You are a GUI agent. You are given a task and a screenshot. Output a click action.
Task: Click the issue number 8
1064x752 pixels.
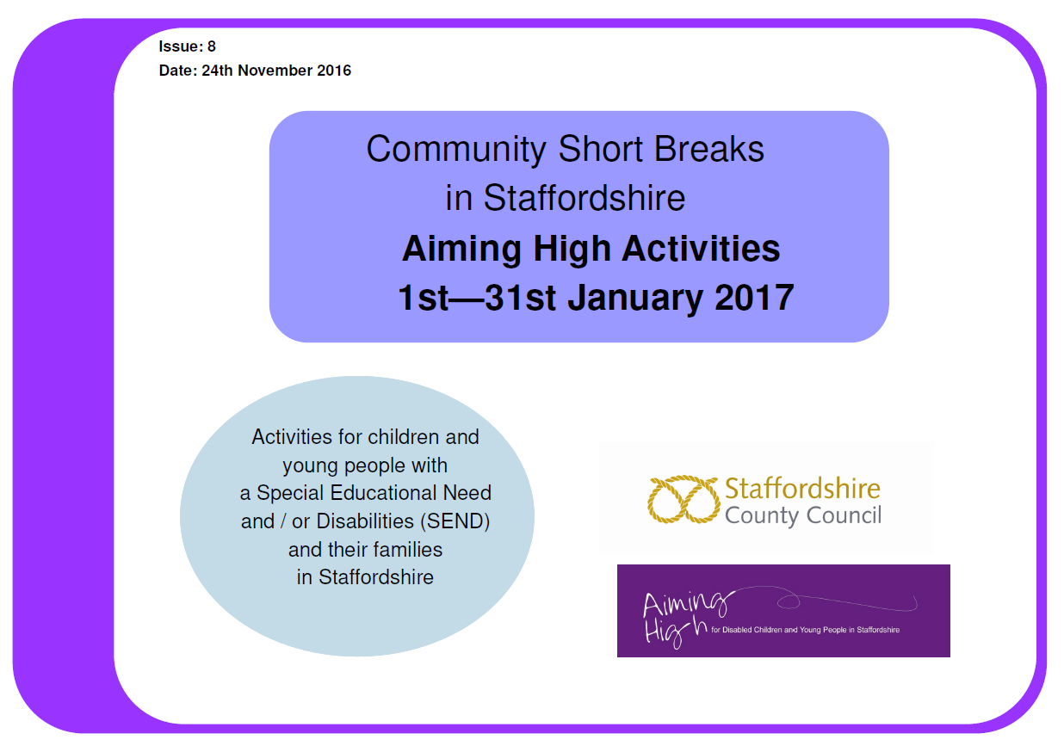(212, 47)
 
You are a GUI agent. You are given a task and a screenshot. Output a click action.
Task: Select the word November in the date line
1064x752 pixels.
(277, 71)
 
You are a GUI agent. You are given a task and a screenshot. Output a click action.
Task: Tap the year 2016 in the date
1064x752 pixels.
(334, 71)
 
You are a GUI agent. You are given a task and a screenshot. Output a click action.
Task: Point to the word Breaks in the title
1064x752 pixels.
(710, 150)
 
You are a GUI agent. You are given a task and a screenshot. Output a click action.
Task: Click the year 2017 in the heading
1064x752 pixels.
(754, 298)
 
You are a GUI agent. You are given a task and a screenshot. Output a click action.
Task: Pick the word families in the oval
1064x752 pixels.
(405, 549)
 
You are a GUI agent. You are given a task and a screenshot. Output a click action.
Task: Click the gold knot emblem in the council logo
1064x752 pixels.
(682, 500)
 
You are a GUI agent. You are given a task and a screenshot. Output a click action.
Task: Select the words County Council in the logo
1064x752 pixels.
(802, 516)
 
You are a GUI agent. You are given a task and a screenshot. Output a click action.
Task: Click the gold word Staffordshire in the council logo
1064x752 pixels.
(802, 489)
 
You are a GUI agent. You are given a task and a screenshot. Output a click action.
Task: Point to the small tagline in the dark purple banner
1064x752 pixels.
(805, 630)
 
